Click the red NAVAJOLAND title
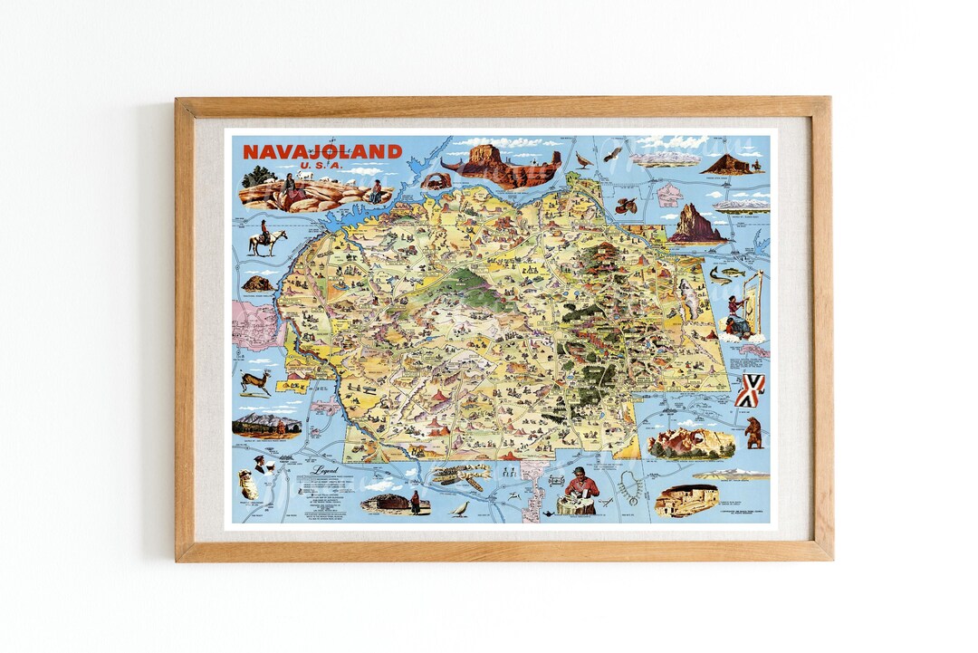click(321, 151)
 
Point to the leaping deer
click(256, 380)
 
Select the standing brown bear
click(753, 432)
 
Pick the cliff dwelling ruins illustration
click(686, 500)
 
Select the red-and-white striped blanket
click(750, 390)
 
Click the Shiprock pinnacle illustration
click(695, 225)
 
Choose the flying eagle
click(613, 154)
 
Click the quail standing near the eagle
click(584, 161)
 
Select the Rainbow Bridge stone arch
click(436, 180)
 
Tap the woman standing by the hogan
click(416, 502)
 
